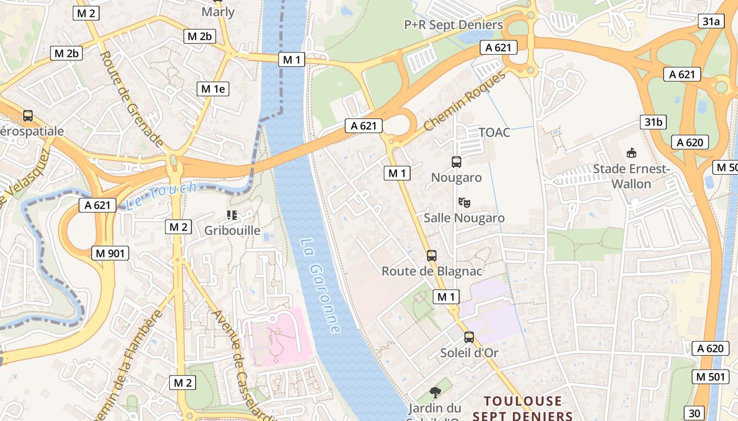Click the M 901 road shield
coord(110,253)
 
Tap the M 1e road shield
coord(213,89)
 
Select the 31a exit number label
coord(710,21)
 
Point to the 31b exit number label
coord(653,122)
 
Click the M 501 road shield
coord(708,376)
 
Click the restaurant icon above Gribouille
coord(231,215)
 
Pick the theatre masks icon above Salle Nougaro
coord(464,202)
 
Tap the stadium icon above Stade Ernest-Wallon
coord(630,153)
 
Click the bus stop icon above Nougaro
coord(457,162)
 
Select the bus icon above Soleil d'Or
coord(469,337)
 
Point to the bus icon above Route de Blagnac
coord(432,256)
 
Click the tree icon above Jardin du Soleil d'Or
coord(435,392)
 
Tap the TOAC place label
coord(494,132)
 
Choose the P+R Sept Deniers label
coord(453,25)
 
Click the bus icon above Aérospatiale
coord(28,116)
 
